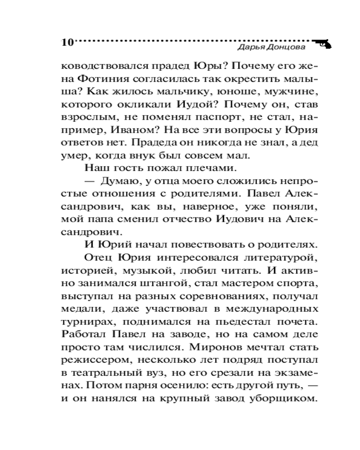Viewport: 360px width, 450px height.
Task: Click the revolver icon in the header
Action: click(x=321, y=43)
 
